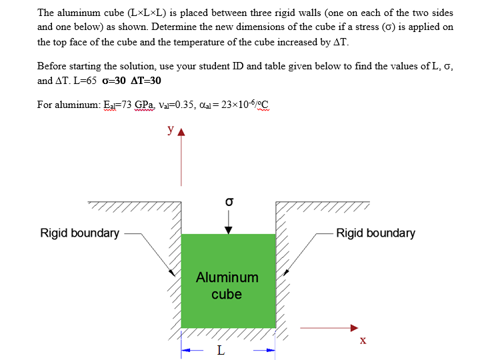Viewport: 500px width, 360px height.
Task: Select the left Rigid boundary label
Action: (x=80, y=233)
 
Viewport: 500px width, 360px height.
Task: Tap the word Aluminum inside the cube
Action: (x=227, y=277)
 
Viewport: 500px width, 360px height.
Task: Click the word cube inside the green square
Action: (x=227, y=294)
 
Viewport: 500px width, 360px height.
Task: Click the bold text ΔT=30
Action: (x=145, y=81)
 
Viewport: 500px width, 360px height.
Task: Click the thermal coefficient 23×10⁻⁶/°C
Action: (x=245, y=105)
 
